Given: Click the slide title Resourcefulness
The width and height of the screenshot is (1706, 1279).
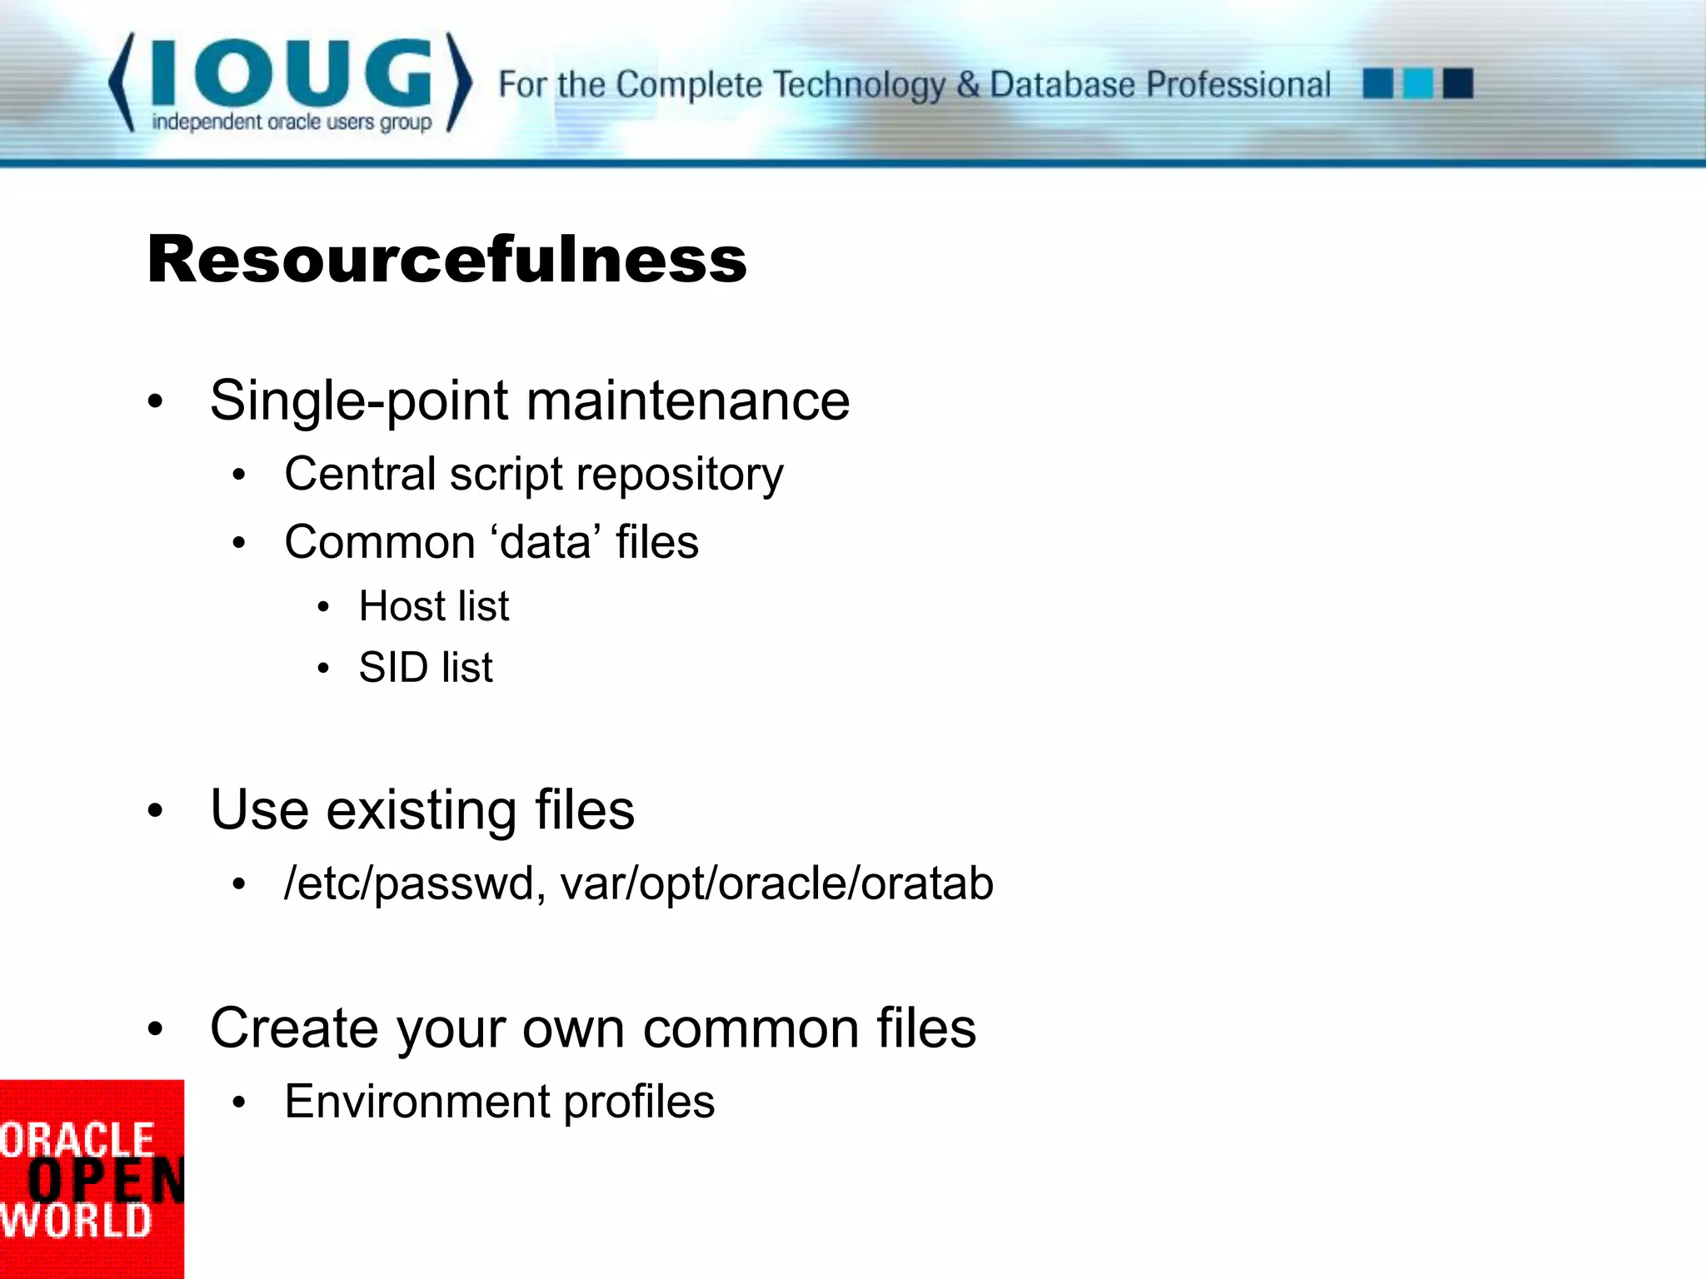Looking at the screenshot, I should [x=446, y=259].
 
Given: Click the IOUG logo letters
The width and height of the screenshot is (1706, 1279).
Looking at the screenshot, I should [x=292, y=73].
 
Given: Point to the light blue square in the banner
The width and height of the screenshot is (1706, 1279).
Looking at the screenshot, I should [x=1418, y=84].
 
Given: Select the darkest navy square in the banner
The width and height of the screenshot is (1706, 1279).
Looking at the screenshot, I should [x=1458, y=84].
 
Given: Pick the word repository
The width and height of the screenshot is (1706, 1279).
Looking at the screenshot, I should [x=679, y=475].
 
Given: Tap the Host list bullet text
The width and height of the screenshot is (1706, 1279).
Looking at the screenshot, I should [x=433, y=605].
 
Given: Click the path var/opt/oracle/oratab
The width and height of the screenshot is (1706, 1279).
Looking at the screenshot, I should [x=776, y=883].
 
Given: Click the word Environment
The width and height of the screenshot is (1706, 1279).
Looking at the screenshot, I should [x=416, y=1102].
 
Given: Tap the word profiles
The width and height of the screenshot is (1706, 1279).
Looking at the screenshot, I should [x=638, y=1102].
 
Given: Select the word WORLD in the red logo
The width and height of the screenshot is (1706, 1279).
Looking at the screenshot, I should [x=77, y=1221].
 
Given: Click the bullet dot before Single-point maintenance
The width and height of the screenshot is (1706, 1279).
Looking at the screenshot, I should [x=155, y=402].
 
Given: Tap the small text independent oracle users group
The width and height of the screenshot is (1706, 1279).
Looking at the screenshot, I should [x=292, y=122].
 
